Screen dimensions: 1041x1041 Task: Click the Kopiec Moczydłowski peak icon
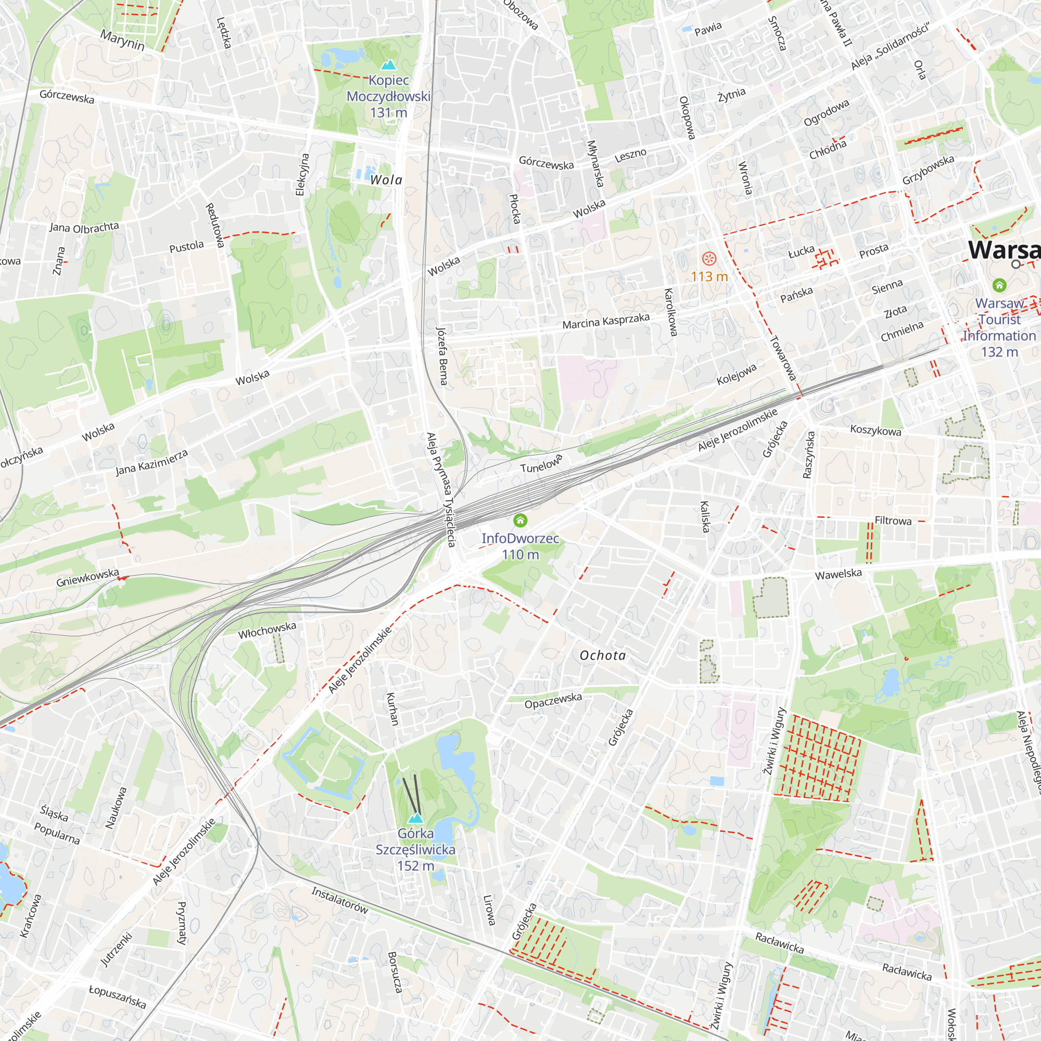point(388,65)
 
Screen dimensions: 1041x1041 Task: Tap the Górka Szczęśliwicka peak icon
point(415,818)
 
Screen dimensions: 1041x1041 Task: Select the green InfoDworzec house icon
point(520,520)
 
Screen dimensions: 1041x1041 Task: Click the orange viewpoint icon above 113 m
point(709,259)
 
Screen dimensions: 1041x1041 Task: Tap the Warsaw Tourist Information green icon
point(999,285)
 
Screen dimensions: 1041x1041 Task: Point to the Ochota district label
point(602,655)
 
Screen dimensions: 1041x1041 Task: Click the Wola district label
point(386,180)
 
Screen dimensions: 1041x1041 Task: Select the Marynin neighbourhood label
point(122,40)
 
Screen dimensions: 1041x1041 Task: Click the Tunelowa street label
point(541,464)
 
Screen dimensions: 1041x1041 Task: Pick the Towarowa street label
point(783,358)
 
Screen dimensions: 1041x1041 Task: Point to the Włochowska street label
point(267,630)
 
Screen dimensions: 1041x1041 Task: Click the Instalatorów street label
point(340,901)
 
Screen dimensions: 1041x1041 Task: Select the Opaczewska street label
point(553,701)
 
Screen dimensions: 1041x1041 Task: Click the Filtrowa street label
point(893,521)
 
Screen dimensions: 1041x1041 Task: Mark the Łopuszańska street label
point(118,997)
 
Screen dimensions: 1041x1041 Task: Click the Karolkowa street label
point(670,312)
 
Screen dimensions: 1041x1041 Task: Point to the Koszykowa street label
point(875,430)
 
